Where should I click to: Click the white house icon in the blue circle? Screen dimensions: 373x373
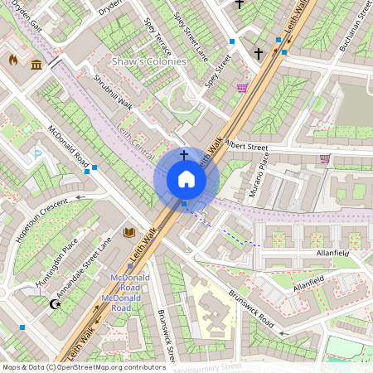(186, 179)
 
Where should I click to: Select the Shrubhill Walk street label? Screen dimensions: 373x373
(113, 91)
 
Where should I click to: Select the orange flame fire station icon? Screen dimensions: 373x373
(13, 61)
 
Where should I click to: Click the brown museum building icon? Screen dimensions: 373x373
(36, 65)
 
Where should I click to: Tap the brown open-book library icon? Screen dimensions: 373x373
(128, 233)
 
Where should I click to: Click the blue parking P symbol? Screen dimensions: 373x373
(37, 154)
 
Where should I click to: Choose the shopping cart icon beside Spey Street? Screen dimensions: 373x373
(242, 88)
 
